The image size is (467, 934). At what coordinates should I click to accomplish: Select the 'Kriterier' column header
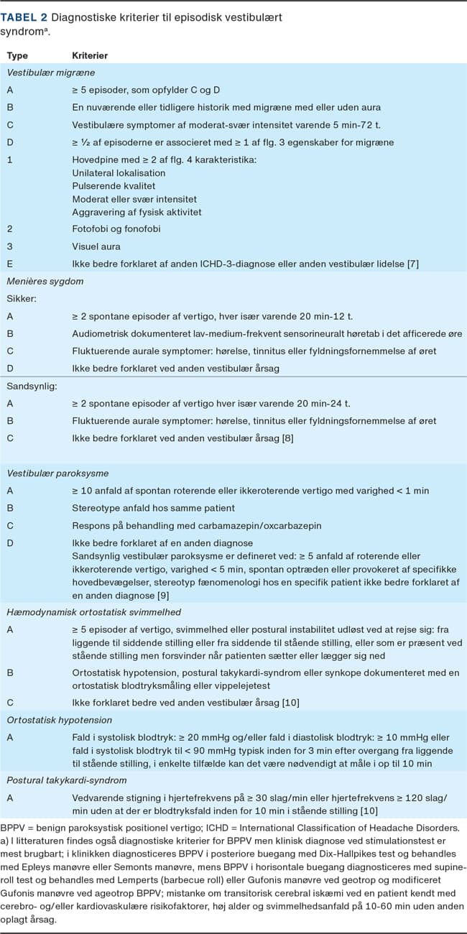point(91,55)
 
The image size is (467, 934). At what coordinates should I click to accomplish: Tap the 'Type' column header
point(17,55)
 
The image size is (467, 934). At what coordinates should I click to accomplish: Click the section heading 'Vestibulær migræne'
point(51,73)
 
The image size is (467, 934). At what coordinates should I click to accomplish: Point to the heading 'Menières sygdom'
point(45,281)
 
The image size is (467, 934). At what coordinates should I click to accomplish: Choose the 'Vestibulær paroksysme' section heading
point(57,473)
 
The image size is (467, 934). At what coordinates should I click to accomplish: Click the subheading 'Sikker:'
point(22,298)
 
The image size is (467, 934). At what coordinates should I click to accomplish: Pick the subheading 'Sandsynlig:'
point(29,386)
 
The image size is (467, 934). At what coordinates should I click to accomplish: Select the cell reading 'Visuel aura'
point(96,246)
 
